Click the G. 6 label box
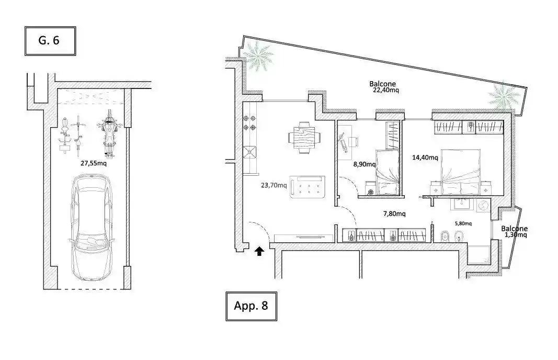click(x=50, y=41)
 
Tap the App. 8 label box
click(x=251, y=306)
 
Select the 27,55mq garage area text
click(x=94, y=163)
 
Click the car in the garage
click(x=92, y=227)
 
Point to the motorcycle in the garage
click(x=110, y=134)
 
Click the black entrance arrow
click(x=259, y=251)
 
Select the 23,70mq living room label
click(x=274, y=185)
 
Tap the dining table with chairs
click(x=304, y=138)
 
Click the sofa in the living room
click(x=308, y=187)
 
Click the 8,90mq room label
click(x=365, y=164)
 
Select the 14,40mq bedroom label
click(x=425, y=157)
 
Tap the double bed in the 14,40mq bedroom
click(x=461, y=172)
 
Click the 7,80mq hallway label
click(x=394, y=213)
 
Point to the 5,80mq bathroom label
click(x=463, y=223)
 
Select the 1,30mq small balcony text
click(x=516, y=235)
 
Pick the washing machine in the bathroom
click(x=483, y=206)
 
